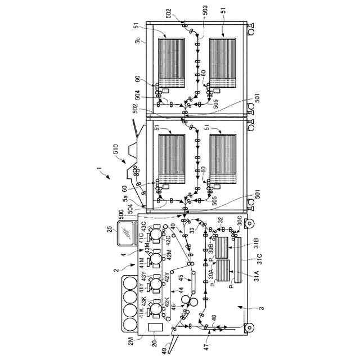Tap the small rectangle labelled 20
pyautogui.click(x=154, y=327)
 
